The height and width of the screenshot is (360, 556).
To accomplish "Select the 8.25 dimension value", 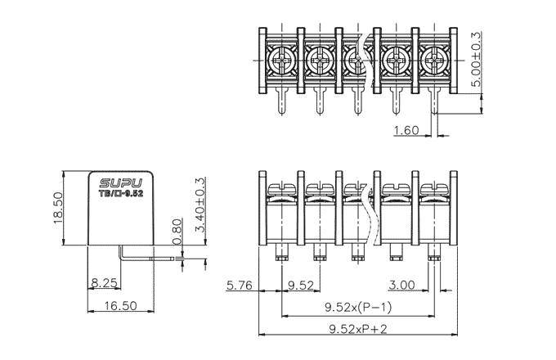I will coord(104,283).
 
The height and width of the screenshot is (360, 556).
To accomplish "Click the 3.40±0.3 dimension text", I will coord(201,208).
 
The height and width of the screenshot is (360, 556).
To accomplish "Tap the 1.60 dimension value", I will coord(406,129).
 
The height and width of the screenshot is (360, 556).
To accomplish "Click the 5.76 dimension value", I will coord(240,286).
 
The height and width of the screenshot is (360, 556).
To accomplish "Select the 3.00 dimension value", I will coord(401,286).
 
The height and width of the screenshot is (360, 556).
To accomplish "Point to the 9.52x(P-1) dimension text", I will coord(357,308).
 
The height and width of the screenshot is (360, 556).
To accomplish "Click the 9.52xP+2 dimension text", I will coord(357,328).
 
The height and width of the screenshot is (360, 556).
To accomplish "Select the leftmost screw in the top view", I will coord(281,60).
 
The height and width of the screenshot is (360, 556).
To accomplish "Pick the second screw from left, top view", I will coord(319,60).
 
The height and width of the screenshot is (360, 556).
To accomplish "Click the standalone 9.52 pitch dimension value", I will coord(302,286).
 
